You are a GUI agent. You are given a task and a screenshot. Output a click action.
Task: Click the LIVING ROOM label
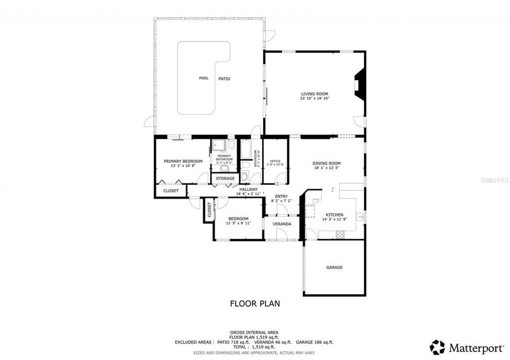pyautogui.click(x=314, y=93)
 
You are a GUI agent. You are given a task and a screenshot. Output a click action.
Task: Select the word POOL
pyautogui.click(x=203, y=78)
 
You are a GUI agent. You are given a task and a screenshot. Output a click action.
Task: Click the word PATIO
pyautogui.click(x=224, y=78)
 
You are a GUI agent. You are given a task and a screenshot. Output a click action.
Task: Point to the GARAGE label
pyautogui.click(x=334, y=267)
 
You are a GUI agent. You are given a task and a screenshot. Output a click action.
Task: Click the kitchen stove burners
pyautogui.click(x=340, y=233)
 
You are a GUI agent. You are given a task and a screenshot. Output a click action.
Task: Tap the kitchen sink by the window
pyautogui.click(x=359, y=217)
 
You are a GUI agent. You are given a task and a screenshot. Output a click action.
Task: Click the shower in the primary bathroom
pyautogui.click(x=218, y=145)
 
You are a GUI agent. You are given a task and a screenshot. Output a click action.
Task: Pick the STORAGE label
pyautogui.click(x=225, y=178)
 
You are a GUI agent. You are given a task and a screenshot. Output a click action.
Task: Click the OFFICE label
pyautogui.click(x=275, y=160)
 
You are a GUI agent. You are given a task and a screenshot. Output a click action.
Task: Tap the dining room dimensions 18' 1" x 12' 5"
pyautogui.click(x=326, y=168)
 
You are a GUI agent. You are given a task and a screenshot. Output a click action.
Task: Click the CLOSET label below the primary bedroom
pyautogui.click(x=171, y=190)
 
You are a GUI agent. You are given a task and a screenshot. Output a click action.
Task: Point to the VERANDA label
pyautogui.click(x=281, y=224)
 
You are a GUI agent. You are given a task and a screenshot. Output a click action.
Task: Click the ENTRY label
pyautogui.click(x=281, y=196)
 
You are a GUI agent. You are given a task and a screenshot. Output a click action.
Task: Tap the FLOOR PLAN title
pyautogui.click(x=254, y=303)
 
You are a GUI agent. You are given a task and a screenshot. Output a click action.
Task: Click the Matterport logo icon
pyautogui.click(x=437, y=347)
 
